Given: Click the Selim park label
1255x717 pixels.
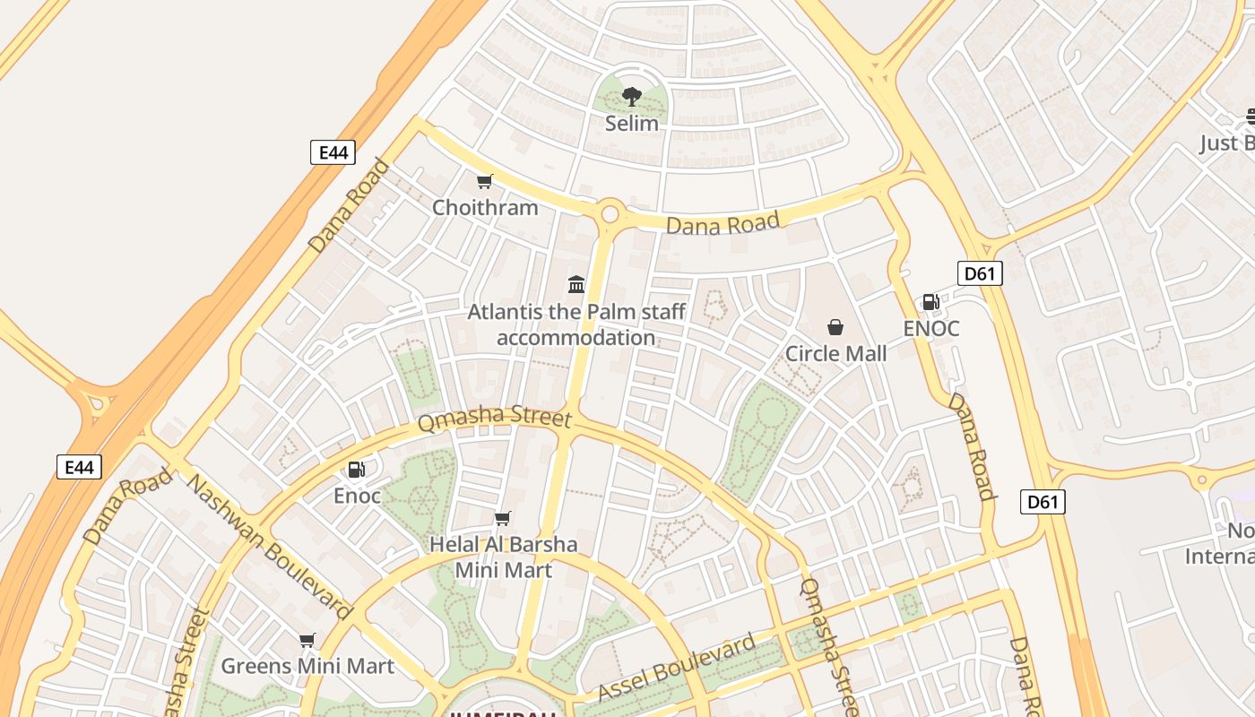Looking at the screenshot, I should (631, 124).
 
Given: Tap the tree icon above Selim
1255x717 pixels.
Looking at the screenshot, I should (631, 96).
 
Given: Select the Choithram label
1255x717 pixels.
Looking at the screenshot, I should (485, 208).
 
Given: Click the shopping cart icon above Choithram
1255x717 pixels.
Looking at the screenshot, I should (485, 182).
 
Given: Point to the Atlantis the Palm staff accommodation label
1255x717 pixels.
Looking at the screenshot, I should (576, 324).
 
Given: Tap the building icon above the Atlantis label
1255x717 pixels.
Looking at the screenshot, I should (576, 285).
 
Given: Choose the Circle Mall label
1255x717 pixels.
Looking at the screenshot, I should (835, 354).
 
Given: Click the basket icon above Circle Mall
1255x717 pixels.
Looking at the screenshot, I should (835, 327).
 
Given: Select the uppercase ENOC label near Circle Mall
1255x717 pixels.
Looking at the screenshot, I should (931, 329).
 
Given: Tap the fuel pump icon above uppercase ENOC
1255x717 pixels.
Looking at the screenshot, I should (931, 302).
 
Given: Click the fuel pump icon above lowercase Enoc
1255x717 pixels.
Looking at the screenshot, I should (357, 469).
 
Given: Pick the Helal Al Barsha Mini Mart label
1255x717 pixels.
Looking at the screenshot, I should (503, 557).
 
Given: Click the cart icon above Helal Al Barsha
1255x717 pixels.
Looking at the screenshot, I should (503, 518).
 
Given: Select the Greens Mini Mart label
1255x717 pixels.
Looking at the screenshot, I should (307, 666).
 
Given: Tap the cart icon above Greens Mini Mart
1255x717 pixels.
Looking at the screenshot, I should (307, 640).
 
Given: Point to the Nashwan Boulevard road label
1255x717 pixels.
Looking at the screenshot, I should (268, 546).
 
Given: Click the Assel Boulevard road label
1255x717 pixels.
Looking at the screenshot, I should (677, 669).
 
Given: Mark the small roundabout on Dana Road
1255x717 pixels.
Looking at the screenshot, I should (610, 214).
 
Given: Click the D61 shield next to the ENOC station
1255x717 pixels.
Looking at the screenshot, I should (979, 273).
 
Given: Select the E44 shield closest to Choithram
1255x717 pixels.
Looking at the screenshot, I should (333, 152).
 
